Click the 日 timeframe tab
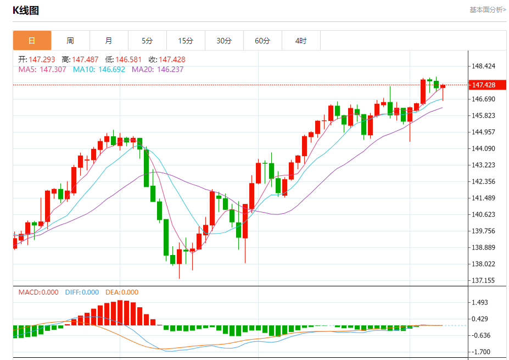(32, 41)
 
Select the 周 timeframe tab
(70, 41)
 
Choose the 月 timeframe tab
(109, 41)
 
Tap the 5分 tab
(147, 41)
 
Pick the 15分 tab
(186, 41)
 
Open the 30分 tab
(224, 41)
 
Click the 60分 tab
(262, 41)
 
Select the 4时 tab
(301, 41)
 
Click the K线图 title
(26, 10)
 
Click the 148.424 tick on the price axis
(483, 66)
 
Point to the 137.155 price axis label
(483, 280)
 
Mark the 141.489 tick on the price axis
(483, 198)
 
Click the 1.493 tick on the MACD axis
(480, 302)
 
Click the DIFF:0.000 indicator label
(82, 292)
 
